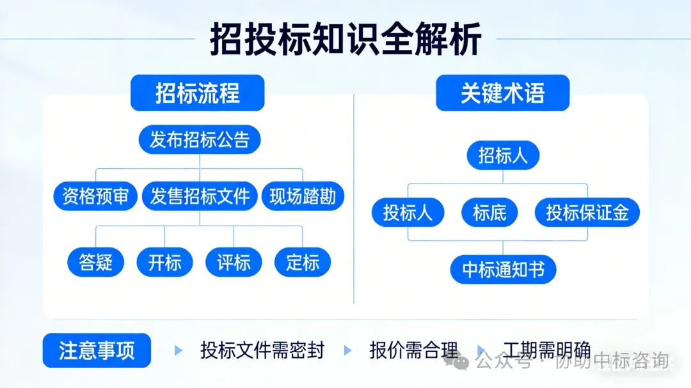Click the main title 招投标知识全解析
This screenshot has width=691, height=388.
tap(345, 40)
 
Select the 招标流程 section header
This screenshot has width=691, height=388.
tap(197, 93)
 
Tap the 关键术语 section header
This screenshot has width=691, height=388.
tap(502, 93)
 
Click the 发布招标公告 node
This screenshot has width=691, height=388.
tap(200, 139)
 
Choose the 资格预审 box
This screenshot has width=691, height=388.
tap(95, 196)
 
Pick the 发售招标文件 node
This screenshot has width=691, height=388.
tap(200, 196)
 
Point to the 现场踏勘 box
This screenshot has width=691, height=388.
tap(303, 196)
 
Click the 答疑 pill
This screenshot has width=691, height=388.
tap(96, 262)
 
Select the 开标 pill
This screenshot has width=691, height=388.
tap(165, 262)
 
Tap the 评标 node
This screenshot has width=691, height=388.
tap(234, 262)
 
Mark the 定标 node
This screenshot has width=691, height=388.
tap(303, 262)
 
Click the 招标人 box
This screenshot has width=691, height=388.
tap(503, 155)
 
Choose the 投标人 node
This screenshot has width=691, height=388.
tap(408, 213)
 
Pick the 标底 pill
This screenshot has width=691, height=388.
tap(489, 213)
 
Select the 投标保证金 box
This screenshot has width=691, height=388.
tap(587, 213)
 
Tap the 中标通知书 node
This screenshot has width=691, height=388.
tap(503, 270)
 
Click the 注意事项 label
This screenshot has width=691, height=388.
tap(97, 350)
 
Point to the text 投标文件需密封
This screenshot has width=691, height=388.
tap(262, 350)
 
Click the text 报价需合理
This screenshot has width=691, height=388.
tap(414, 350)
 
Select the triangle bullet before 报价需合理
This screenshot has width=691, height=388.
tap(348, 350)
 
